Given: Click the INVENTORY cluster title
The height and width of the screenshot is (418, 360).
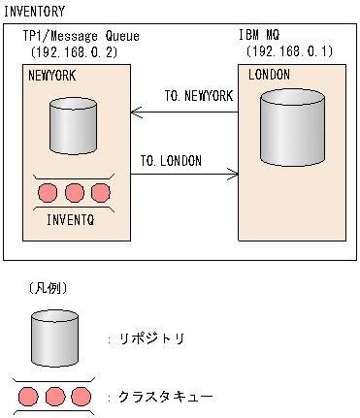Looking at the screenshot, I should (36, 12).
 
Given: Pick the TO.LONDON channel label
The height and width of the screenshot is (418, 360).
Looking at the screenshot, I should (171, 160).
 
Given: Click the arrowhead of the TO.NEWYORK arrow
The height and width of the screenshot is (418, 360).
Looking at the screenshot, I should (135, 112).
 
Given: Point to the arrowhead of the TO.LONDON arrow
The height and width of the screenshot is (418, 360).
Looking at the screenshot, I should (234, 175).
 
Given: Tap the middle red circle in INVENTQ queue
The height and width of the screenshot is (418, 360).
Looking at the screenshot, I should (75, 192).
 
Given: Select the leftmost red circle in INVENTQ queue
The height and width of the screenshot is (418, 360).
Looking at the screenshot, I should (49, 192).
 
